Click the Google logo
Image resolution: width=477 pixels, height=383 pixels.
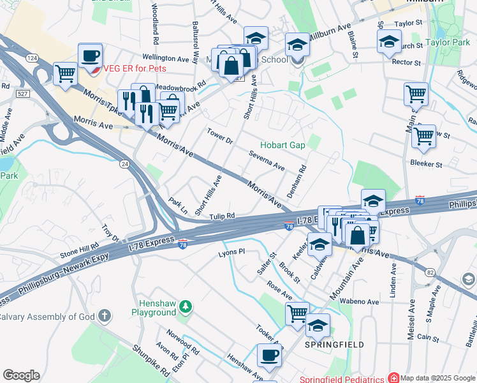pyautogui.click(x=21, y=375)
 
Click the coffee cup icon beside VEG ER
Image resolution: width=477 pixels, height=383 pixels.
pyautogui.click(x=90, y=54)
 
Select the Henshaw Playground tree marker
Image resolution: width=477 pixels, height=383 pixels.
pyautogui.click(x=186, y=308)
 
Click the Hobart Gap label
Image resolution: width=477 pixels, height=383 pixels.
pyautogui.click(x=283, y=145)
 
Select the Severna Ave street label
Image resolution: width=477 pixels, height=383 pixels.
pyautogui.click(x=267, y=161)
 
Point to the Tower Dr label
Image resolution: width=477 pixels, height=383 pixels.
pyautogui.click(x=220, y=136)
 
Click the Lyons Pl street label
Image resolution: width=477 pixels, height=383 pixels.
pyautogui.click(x=232, y=252)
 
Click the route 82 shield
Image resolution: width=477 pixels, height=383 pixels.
pyautogui.click(x=430, y=254)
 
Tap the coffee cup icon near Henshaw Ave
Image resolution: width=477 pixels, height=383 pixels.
pyautogui.click(x=268, y=355)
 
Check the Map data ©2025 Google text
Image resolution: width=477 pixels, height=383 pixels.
pyautogui.click(x=437, y=378)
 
